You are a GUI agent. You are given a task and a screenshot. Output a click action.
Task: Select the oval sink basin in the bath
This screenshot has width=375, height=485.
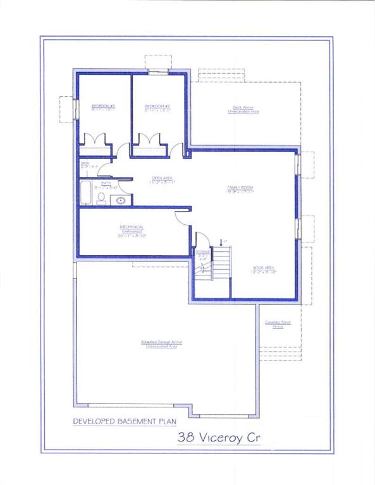tap(121, 200)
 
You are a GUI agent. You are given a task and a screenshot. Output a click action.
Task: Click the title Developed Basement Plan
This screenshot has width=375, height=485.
tap(125, 421)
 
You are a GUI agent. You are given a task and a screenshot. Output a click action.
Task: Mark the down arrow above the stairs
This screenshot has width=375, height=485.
tap(221, 241)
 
